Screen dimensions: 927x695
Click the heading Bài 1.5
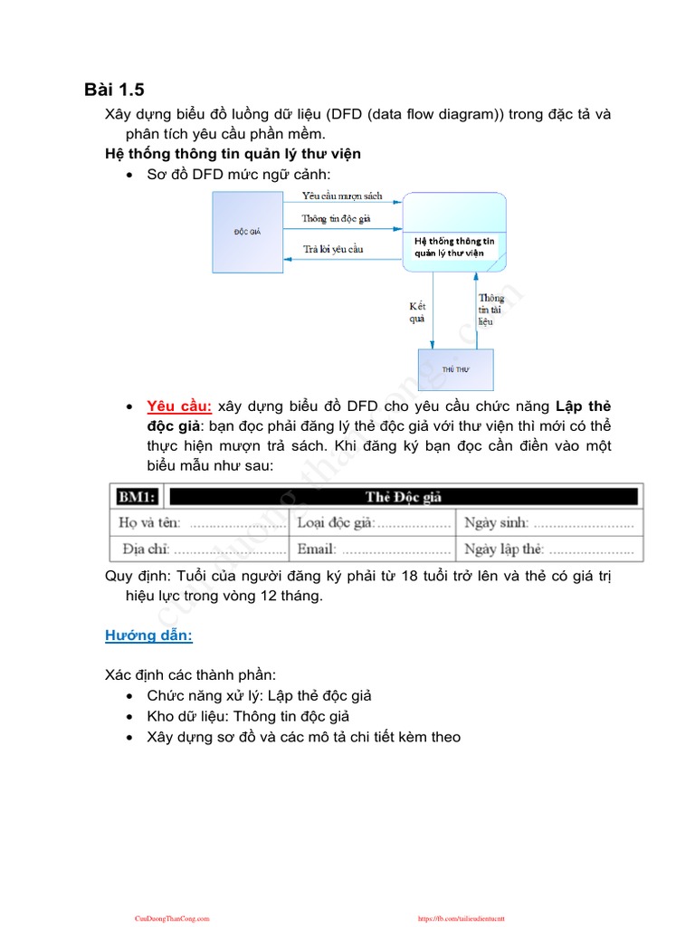click(114, 89)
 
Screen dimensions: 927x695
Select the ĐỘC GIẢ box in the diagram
click(247, 233)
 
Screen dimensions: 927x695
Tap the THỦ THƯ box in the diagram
click(455, 371)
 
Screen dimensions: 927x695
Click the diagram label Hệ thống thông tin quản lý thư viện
click(454, 247)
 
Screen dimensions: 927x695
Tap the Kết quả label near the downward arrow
click(417, 312)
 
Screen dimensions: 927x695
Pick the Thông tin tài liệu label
click(491, 310)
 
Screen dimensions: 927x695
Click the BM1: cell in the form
click(138, 496)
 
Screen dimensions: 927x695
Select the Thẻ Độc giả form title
click(404, 496)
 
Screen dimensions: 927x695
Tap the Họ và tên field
click(201, 522)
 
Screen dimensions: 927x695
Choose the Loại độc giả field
click(374, 522)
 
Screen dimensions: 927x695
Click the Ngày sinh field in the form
click(549, 522)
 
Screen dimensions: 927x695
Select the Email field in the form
click(374, 549)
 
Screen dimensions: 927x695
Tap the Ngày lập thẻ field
click(549, 549)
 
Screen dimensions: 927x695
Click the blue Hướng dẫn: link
click(148, 636)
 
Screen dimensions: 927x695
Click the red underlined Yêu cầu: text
click(179, 406)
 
